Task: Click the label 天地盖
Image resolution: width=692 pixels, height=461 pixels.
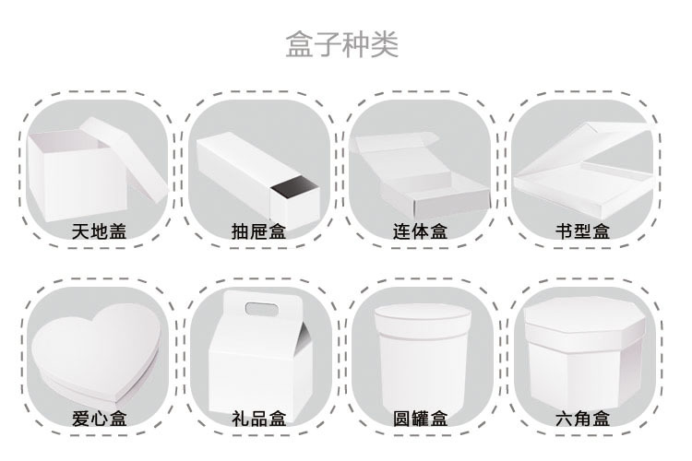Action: coord(99,230)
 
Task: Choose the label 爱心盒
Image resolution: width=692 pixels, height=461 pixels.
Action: coord(99,419)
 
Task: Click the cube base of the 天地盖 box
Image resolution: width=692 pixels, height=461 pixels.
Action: coord(69,180)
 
